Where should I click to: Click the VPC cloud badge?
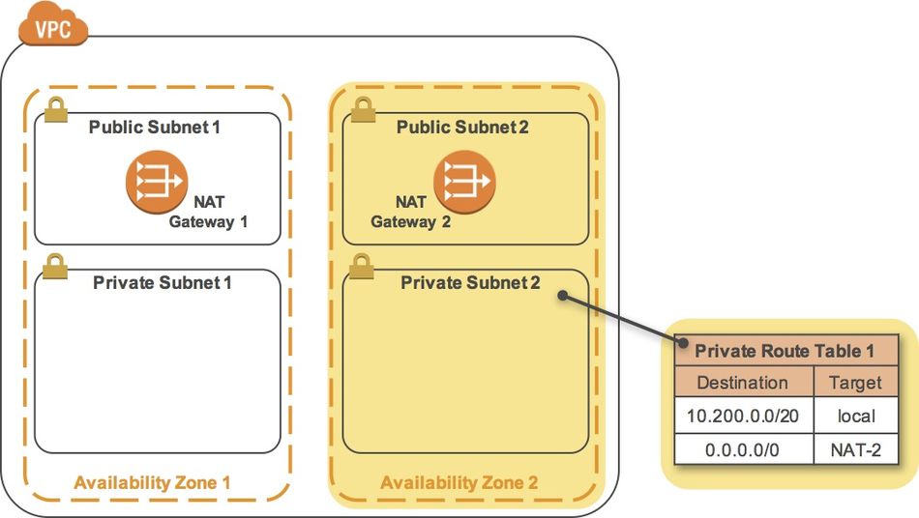53,28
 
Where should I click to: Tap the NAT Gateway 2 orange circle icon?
464,181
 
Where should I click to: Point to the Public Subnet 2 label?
462,128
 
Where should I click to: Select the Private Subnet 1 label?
163,283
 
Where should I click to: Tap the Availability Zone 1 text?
153,482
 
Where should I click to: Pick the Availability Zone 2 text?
459,482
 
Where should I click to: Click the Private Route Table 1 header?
785,351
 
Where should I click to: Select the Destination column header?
742,383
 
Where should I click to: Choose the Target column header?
856,383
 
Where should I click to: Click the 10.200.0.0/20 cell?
742,417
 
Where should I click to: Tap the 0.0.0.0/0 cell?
742,450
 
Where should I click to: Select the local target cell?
856,417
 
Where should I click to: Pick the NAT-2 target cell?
856,450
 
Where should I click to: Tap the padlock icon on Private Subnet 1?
56,264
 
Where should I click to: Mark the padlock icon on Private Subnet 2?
362,266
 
